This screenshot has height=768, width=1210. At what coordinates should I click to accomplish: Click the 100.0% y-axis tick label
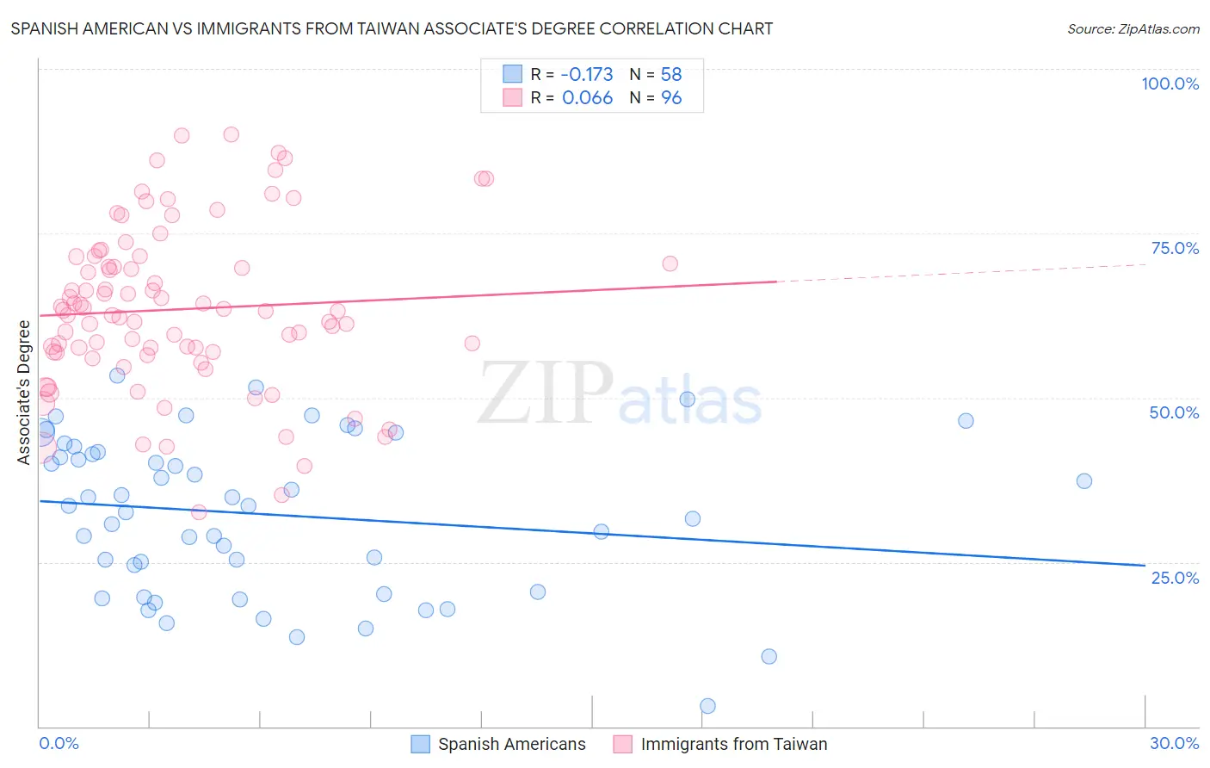tap(1170, 84)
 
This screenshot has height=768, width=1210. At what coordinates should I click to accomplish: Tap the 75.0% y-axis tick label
tap(1175, 248)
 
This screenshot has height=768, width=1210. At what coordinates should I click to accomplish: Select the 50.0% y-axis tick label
tap(1174, 412)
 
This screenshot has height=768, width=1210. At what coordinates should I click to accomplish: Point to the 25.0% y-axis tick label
tap(1175, 577)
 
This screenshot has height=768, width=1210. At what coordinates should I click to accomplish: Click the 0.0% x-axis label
tap(59, 743)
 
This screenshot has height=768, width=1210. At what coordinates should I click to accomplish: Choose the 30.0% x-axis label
tap(1174, 743)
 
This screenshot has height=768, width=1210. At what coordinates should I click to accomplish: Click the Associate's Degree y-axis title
tap(24, 392)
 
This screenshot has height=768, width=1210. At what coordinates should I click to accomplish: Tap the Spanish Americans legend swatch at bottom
tap(420, 744)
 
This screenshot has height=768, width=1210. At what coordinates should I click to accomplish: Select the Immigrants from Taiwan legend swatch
tap(622, 744)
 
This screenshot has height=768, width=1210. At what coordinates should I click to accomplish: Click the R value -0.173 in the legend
tap(587, 74)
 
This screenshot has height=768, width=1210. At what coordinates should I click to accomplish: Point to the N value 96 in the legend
tap(671, 98)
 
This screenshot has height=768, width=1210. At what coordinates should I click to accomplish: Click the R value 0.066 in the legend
tap(587, 98)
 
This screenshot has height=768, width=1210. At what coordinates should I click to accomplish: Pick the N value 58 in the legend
tap(671, 74)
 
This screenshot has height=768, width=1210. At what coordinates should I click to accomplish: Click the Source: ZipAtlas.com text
tap(1133, 28)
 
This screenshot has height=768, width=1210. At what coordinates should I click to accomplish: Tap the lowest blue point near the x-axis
tap(707, 706)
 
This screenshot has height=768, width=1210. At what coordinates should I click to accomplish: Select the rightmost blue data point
tap(1084, 481)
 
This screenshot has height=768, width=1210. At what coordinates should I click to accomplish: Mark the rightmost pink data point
tap(670, 263)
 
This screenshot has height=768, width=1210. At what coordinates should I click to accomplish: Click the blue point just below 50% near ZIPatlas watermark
tap(687, 399)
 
